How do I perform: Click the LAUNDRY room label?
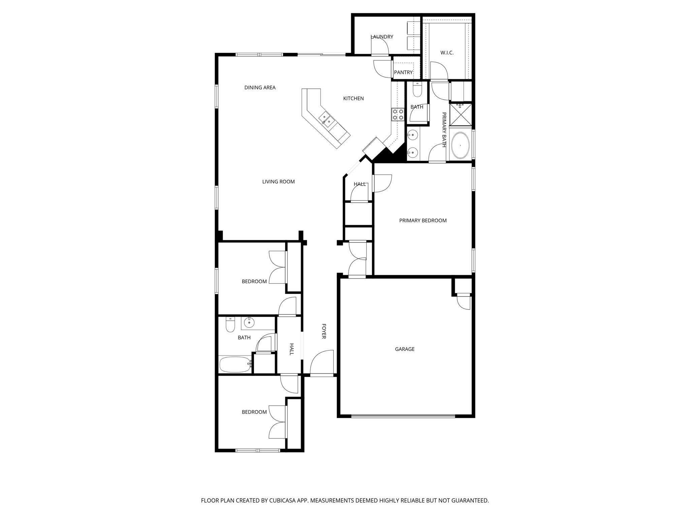pyautogui.click(x=382, y=37)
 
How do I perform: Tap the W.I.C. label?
pyautogui.click(x=447, y=53)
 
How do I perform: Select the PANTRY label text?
pyautogui.click(x=403, y=72)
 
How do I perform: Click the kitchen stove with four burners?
pyautogui.click(x=398, y=114)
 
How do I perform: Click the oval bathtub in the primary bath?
pyautogui.click(x=460, y=145)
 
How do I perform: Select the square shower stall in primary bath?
pyautogui.click(x=461, y=114)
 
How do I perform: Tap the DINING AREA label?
pyautogui.click(x=260, y=88)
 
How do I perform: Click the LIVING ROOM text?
pyautogui.click(x=278, y=182)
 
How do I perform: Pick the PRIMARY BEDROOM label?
pyautogui.click(x=423, y=221)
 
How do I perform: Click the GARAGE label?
pyautogui.click(x=405, y=349)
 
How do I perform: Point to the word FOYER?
pyautogui.click(x=324, y=331)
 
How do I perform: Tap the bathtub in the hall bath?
pyautogui.click(x=235, y=364)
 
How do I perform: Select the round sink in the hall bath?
pyautogui.click(x=249, y=322)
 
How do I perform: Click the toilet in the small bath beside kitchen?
pyautogui.click(x=417, y=90)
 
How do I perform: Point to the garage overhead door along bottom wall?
pyautogui.click(x=403, y=416)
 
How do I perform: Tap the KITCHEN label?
pyautogui.click(x=353, y=98)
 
